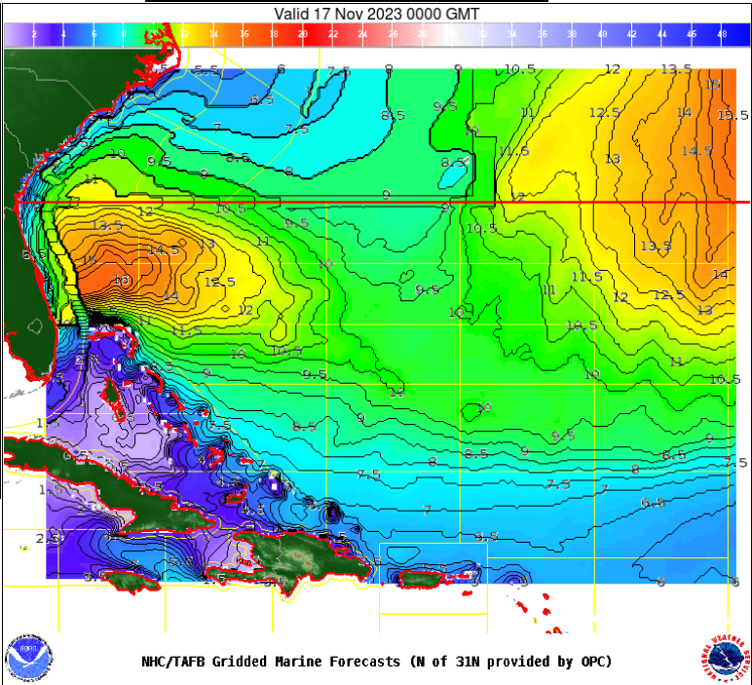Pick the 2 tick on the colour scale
[x=34, y=35]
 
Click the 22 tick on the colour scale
[x=333, y=35]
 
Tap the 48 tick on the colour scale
[x=721, y=35]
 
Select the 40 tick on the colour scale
[x=602, y=35]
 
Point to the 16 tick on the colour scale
[x=244, y=35]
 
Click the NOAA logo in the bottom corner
[x=27, y=659]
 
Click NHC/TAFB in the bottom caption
[x=176, y=662]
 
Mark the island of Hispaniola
[x=292, y=555]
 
